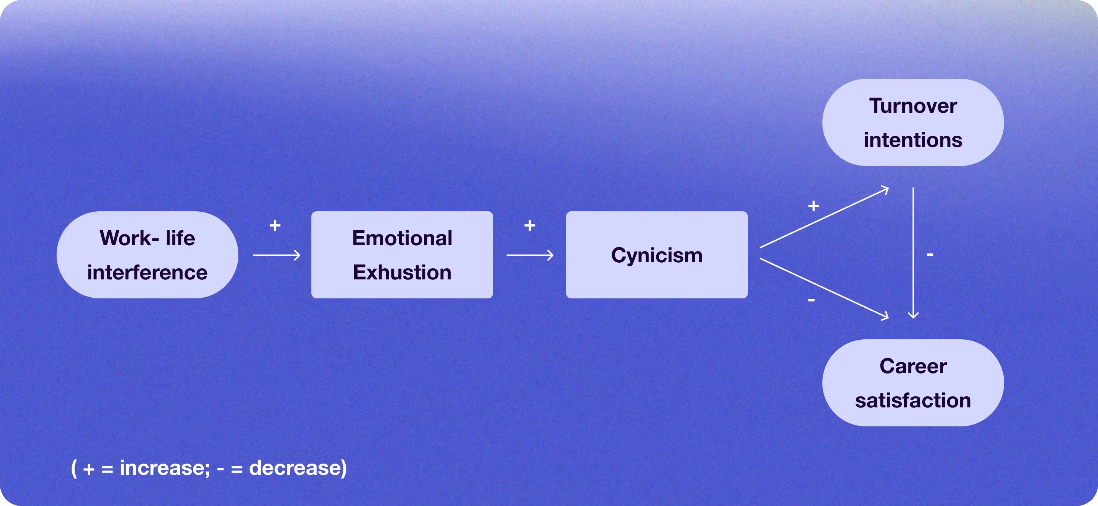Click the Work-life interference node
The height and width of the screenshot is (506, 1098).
click(147, 255)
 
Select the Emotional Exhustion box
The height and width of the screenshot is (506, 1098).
click(402, 255)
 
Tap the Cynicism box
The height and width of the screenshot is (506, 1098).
click(656, 255)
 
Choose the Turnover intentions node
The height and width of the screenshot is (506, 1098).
click(913, 122)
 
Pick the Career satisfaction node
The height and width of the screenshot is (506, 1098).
click(913, 382)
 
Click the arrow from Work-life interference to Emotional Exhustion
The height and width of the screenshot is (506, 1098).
click(277, 255)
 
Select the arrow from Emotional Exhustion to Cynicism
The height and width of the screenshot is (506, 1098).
click(530, 255)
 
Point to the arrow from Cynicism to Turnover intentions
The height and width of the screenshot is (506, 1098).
click(823, 218)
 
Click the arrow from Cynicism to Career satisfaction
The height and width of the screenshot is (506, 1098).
click(823, 288)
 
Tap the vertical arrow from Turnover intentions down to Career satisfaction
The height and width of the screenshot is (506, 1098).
click(913, 252)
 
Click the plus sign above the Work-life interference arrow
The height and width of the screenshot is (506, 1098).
click(275, 225)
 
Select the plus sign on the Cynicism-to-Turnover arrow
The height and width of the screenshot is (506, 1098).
click(813, 206)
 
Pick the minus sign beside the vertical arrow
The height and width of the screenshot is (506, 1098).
click(930, 255)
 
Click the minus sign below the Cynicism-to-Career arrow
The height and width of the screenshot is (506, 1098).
click(811, 300)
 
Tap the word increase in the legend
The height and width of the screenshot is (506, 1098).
click(165, 468)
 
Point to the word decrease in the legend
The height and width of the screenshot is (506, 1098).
click(298, 468)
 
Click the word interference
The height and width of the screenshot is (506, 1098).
click(147, 273)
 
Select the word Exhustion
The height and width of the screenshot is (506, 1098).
click(402, 273)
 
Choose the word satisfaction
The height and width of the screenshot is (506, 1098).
click(913, 401)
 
